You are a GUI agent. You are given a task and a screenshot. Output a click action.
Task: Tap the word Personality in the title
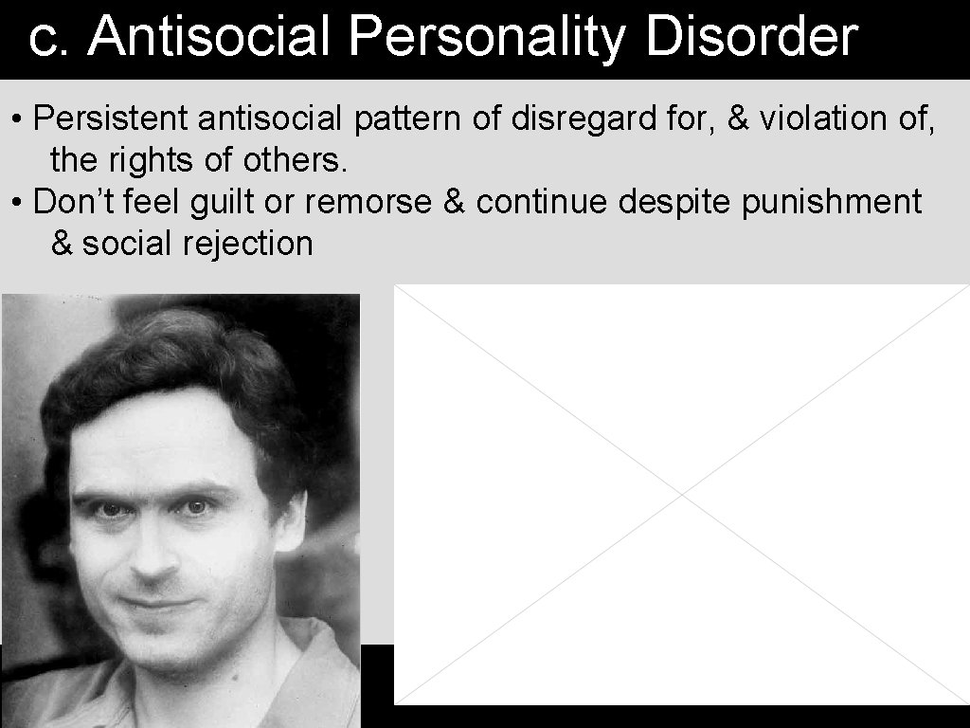coord(485,38)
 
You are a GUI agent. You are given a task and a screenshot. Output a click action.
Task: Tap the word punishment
coord(831,202)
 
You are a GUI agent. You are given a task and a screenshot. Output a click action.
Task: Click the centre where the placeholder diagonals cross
coord(682,494)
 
